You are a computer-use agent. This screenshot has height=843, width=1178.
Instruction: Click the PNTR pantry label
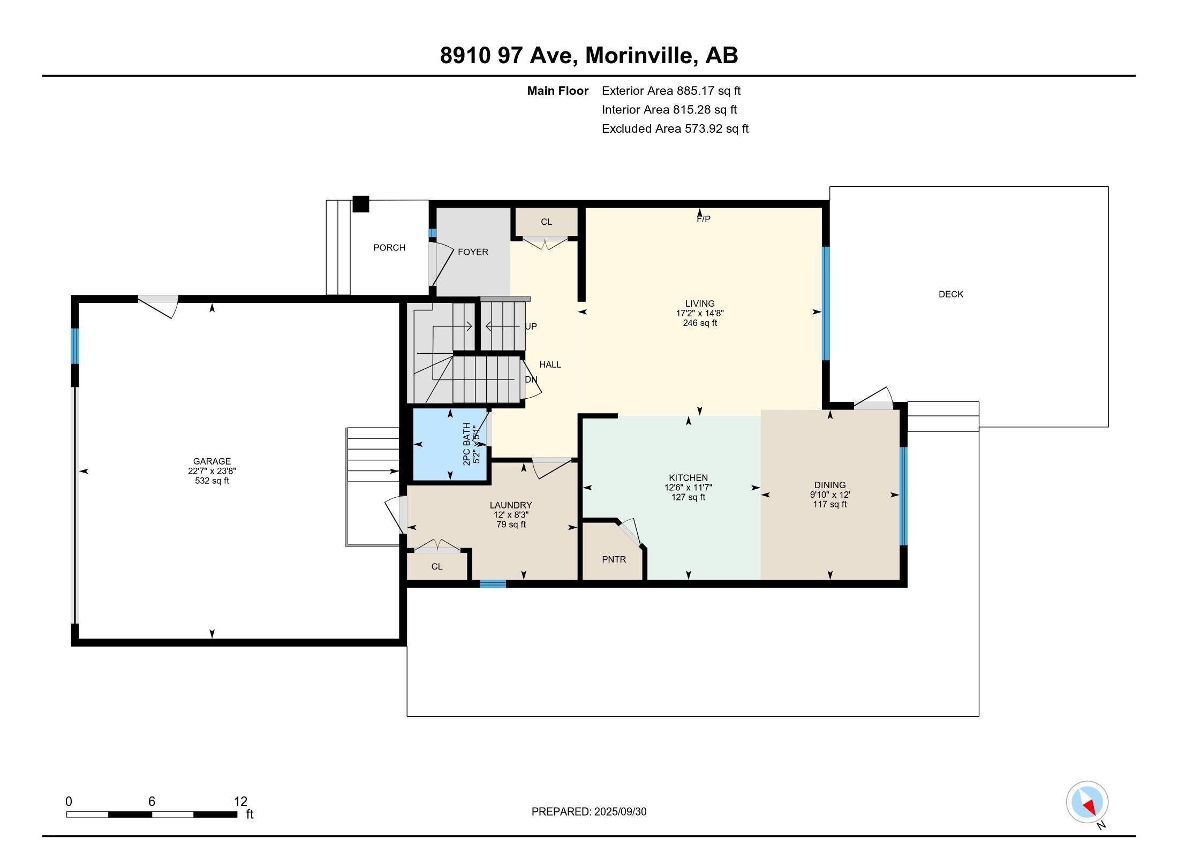tap(614, 559)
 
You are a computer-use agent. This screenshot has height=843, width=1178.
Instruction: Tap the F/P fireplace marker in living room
tap(703, 219)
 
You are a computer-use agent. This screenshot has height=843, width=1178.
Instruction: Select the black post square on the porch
tap(361, 204)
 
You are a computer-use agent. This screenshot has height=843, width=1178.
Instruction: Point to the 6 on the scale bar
tap(152, 801)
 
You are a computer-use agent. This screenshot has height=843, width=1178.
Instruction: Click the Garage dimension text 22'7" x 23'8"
tap(212, 471)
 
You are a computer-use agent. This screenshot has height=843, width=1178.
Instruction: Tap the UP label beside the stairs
tap(531, 326)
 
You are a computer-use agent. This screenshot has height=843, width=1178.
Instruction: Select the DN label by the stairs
tap(531, 379)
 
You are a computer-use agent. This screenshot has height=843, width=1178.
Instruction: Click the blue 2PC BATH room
tap(450, 444)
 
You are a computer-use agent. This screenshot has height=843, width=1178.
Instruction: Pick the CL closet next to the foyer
tap(546, 222)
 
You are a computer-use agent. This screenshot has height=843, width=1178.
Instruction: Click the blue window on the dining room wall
tap(903, 496)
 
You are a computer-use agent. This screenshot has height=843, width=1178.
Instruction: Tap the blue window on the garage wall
tap(75, 346)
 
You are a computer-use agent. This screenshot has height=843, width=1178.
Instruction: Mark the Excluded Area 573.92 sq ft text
tap(675, 128)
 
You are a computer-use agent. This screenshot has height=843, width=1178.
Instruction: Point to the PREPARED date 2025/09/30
tap(589, 811)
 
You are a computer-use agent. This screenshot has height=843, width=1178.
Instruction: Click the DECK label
tap(950, 294)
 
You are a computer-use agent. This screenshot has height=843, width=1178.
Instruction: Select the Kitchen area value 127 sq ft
tap(688, 497)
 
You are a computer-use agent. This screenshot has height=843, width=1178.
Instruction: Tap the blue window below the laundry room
tap(493, 584)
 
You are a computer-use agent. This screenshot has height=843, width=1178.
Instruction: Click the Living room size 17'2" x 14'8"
tap(700, 314)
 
